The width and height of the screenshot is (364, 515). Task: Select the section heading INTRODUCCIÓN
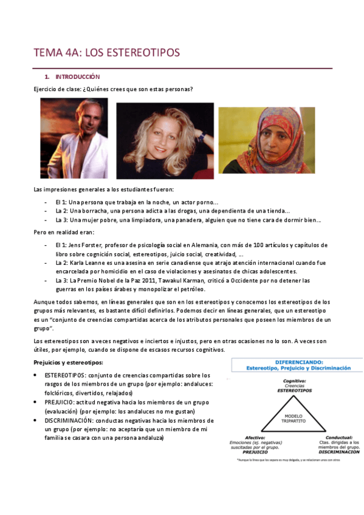coord(77,77)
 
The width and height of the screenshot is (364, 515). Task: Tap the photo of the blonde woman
coord(165,140)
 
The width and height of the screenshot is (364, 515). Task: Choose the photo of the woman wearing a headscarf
coord(267,140)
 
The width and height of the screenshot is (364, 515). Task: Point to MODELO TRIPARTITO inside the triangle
coord(294,418)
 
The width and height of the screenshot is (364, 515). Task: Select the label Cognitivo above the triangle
coord(294,381)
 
